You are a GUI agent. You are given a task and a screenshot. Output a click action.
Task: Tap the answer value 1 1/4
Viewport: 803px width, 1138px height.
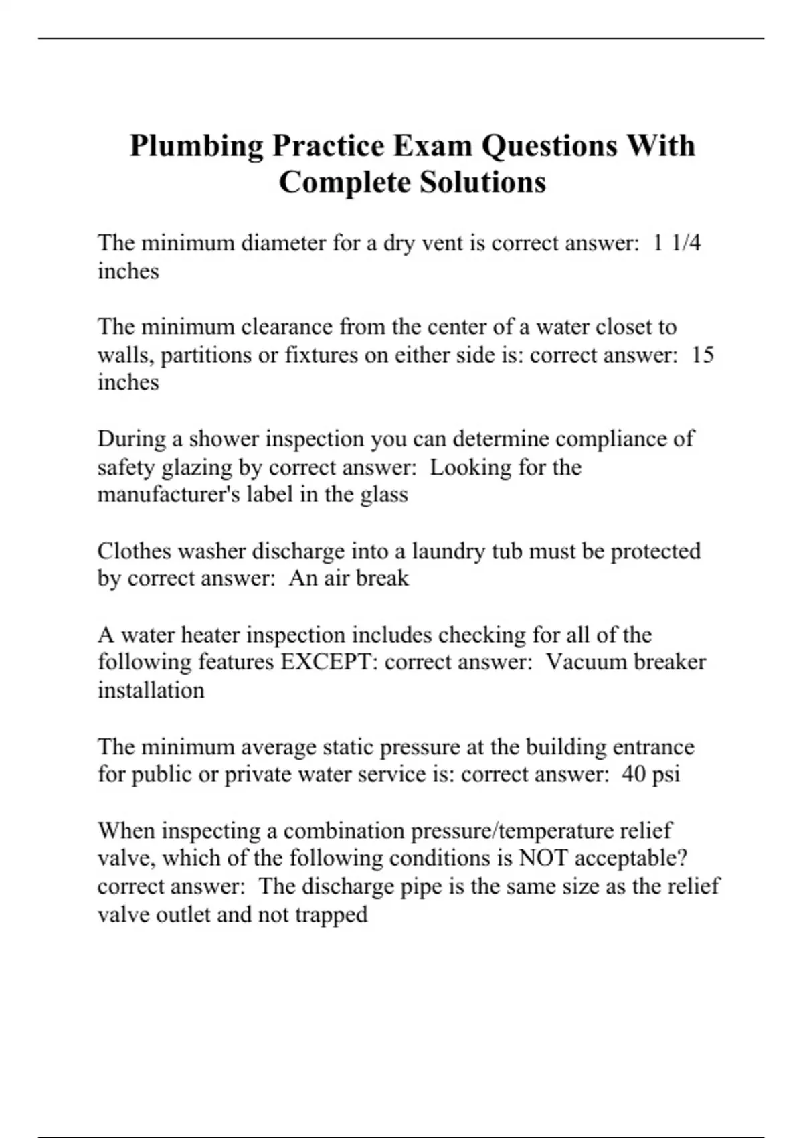pos(677,242)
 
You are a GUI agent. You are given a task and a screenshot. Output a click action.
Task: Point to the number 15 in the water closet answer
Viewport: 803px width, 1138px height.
pos(703,354)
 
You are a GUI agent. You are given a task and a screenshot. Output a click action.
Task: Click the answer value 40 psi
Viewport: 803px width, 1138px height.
pos(650,774)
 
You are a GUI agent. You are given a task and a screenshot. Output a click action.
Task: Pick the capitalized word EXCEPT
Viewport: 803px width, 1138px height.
pos(329,662)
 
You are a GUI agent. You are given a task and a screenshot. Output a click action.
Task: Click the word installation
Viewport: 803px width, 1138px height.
pos(151,690)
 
